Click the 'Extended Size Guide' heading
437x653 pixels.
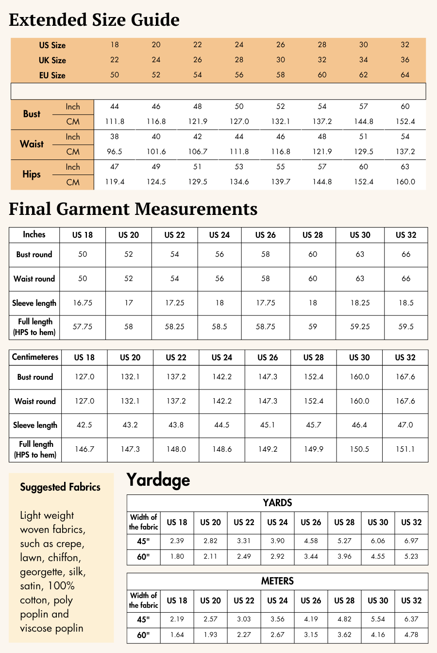point(94,20)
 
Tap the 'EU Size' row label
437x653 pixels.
point(52,75)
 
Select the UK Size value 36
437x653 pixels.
point(405,60)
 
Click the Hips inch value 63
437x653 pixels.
point(405,167)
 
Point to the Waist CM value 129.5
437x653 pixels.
point(364,152)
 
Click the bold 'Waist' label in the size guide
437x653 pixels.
point(32,144)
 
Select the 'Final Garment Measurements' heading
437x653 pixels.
point(133,209)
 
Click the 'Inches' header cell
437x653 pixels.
point(34,234)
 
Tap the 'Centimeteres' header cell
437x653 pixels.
point(35,357)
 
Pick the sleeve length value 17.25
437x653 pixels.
point(174,302)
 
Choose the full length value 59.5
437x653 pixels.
point(406,327)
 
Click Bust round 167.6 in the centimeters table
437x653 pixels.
point(405,377)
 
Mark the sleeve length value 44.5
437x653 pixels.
point(222,425)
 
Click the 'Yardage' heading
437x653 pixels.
point(158,480)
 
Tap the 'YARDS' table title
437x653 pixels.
point(277,503)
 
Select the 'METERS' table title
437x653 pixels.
point(277,581)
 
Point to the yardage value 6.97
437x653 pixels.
point(411,541)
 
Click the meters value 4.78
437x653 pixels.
point(411,635)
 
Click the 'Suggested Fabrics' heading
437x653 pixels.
point(60,487)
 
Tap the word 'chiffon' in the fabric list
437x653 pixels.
point(64,558)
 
